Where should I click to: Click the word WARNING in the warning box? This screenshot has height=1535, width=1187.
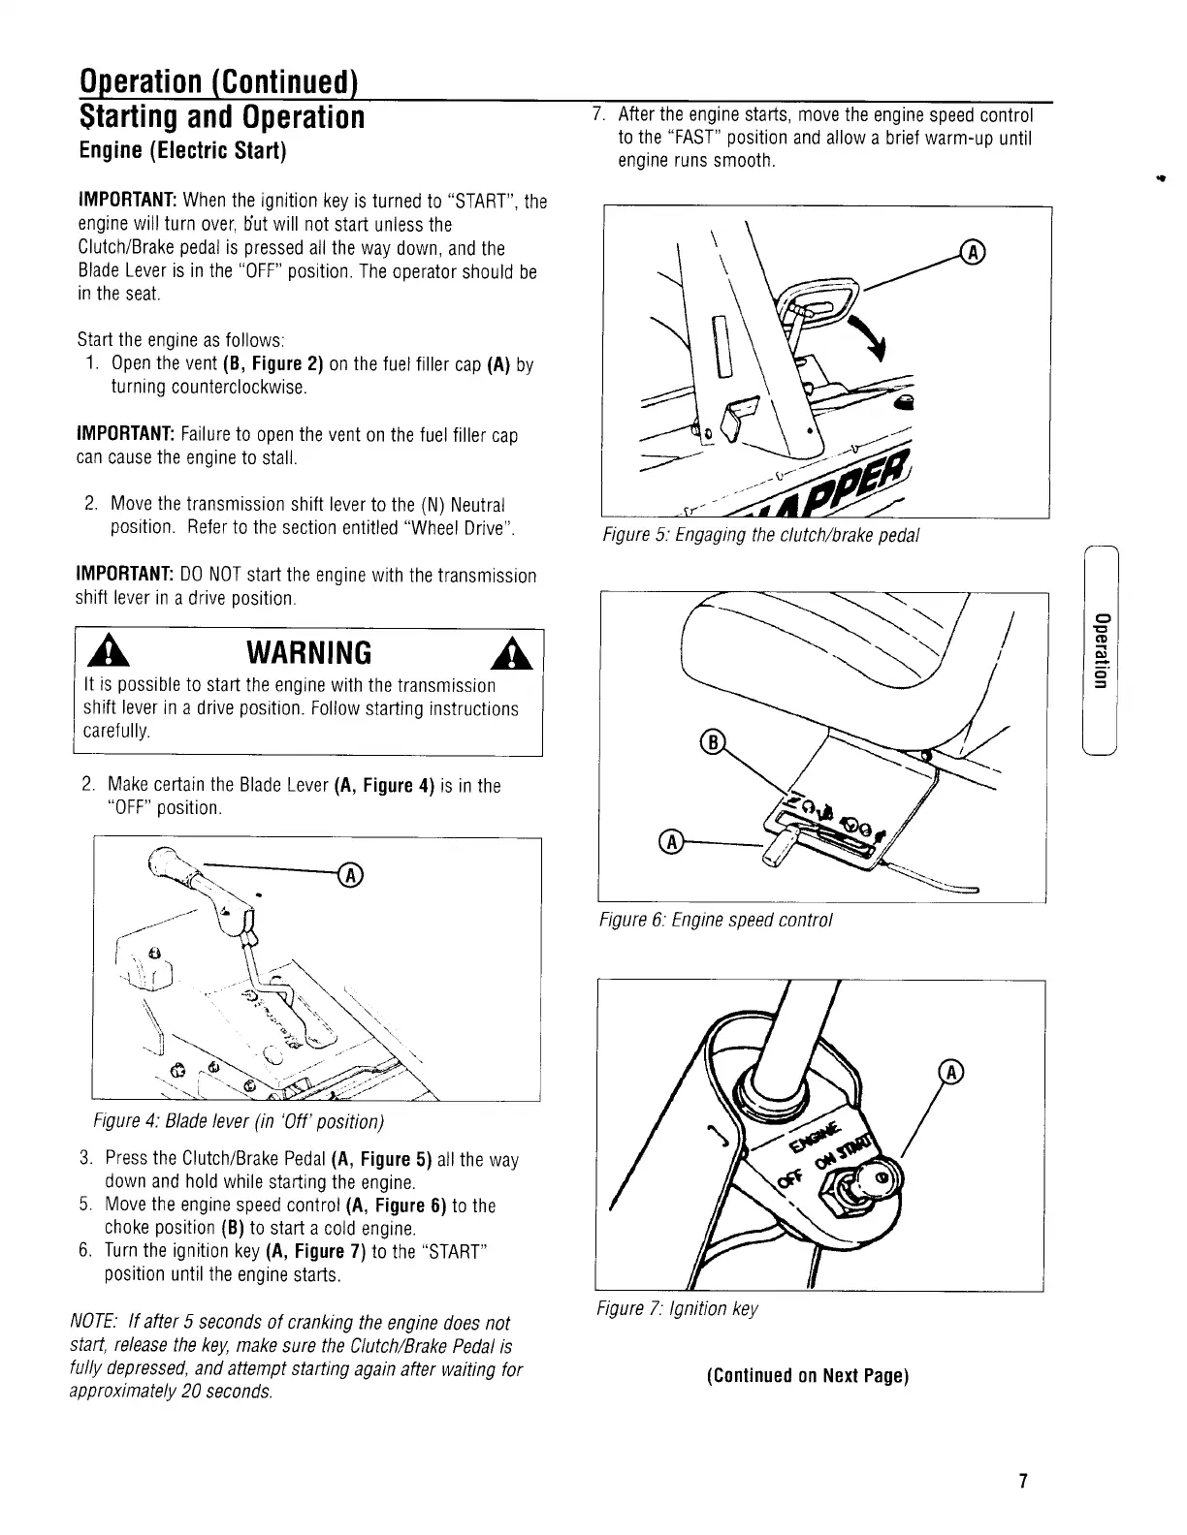[309, 650]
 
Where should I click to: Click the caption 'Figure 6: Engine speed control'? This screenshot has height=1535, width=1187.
[717, 920]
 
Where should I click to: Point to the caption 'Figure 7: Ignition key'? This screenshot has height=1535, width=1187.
[677, 1309]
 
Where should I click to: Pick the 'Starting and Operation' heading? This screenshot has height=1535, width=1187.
[221, 117]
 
